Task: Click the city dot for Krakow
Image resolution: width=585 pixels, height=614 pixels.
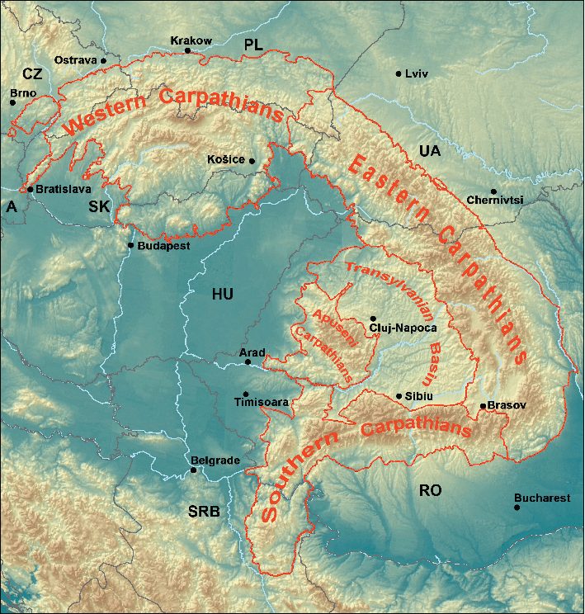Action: point(188,50)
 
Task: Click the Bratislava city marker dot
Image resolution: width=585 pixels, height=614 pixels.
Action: point(31,189)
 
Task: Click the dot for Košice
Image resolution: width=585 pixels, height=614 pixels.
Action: point(252,161)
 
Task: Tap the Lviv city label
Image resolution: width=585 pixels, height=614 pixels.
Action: point(417,73)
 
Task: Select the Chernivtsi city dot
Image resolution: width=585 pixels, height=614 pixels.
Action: point(493,191)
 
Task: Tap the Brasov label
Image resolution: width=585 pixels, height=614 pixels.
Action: point(507,406)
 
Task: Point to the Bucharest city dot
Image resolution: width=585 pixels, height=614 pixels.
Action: point(517,508)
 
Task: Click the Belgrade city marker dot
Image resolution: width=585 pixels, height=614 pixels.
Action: point(194,470)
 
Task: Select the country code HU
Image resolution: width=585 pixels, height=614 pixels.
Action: point(222,295)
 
